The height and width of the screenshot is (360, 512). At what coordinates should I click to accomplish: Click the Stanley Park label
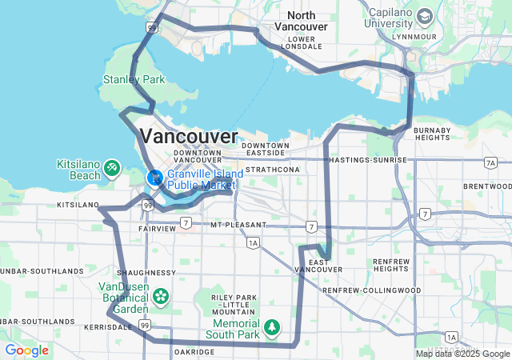134,80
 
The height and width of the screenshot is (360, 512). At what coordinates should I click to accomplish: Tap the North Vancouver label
301,21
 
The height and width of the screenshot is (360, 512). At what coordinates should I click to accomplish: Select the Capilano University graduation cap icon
424,16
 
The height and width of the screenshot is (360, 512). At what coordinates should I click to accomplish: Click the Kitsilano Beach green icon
113,167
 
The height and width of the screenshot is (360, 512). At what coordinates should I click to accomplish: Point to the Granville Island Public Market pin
154,177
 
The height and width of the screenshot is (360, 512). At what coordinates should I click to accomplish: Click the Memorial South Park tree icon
273,327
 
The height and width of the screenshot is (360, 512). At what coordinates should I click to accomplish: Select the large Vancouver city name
189,135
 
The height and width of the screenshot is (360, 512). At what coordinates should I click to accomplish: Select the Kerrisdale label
107,327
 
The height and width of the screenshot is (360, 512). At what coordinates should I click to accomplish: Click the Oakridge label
193,352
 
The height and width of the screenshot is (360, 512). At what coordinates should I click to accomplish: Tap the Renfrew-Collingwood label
371,290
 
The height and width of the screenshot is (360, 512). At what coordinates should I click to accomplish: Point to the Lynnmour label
415,37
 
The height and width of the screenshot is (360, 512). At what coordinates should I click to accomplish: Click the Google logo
26,350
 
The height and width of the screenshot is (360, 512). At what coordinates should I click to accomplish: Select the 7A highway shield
490,163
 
